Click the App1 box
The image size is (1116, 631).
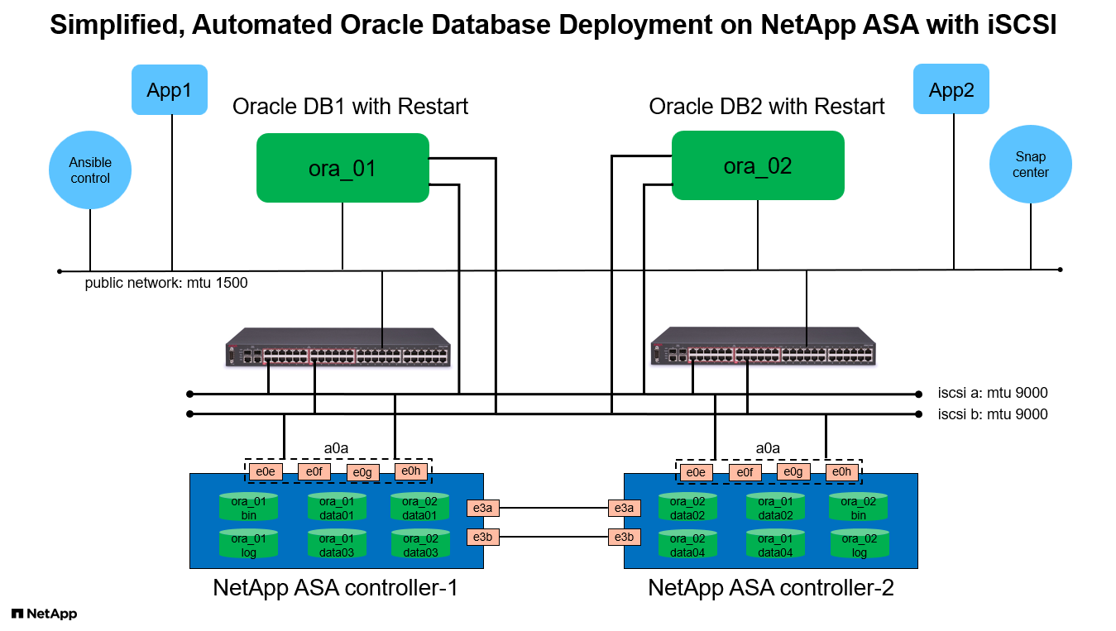click(x=169, y=90)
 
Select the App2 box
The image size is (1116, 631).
click(x=951, y=89)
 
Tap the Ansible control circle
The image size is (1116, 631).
click(x=90, y=170)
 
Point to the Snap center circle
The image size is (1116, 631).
click(x=1030, y=165)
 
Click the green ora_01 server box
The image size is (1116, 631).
click(x=342, y=169)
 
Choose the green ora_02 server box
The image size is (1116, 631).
click(x=758, y=165)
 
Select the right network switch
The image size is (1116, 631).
click(x=763, y=347)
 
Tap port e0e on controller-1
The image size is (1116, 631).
click(x=265, y=471)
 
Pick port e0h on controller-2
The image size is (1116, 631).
click(x=841, y=472)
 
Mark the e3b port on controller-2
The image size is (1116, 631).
click(x=623, y=536)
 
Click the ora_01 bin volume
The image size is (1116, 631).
click(x=248, y=508)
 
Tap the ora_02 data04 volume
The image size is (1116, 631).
click(x=687, y=545)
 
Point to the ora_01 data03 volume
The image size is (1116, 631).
click(x=337, y=545)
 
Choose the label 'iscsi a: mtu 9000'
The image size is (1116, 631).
click(x=992, y=394)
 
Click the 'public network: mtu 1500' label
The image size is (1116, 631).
click(x=166, y=283)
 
